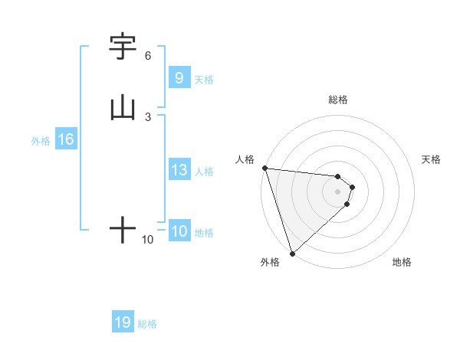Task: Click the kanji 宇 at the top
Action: pos(123,47)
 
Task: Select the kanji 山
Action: pos(123,107)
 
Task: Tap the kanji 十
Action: pos(123,230)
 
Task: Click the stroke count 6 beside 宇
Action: pos(148,56)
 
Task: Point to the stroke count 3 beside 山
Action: pos(148,116)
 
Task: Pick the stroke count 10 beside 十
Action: pos(148,240)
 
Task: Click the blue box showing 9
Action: pos(179,77)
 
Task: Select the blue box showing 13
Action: pos(179,170)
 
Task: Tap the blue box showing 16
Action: pos(65,139)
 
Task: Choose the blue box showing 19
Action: pos(123,322)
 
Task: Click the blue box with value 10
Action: pos(179,231)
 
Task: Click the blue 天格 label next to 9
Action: pos(204,79)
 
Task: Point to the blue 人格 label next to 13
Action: pos(204,172)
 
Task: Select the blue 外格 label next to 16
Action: pos(41,141)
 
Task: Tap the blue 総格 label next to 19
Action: pos(147,324)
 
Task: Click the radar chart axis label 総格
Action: pos(338,100)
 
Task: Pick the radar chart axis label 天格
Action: pos(432,159)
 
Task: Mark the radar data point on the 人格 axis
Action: pos(264,168)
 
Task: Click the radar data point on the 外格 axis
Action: pos(292,253)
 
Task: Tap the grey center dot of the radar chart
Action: pos(338,191)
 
